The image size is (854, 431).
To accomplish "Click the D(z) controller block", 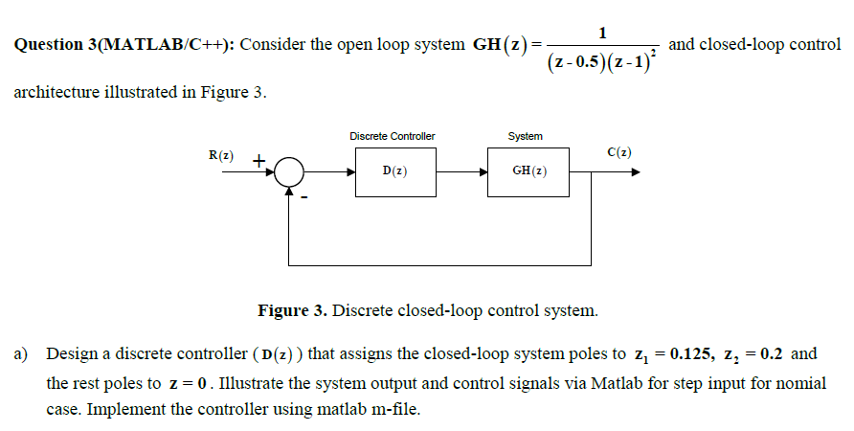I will click(396, 171).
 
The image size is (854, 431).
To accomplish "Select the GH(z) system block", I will click(528, 171).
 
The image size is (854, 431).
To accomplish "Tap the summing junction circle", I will click(289, 172).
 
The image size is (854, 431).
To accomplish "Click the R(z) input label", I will click(220, 154).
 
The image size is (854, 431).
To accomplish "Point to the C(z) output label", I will click(618, 151).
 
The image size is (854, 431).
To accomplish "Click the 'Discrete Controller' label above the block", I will click(392, 136).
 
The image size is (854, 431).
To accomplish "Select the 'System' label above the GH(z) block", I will click(526, 136).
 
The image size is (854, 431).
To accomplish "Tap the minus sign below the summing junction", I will click(305, 198).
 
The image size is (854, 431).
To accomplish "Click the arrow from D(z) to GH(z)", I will click(462, 172).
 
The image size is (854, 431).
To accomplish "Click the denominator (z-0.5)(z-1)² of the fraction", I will click(601, 62).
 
